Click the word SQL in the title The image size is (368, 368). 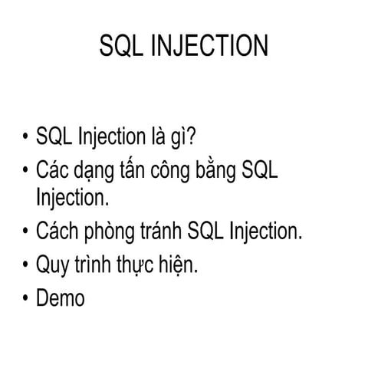click(121, 47)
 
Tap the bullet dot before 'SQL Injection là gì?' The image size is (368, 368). click(26, 139)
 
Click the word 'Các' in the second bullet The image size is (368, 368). click(55, 169)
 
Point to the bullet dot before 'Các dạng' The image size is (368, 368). click(26, 170)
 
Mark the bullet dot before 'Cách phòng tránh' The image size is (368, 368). click(26, 232)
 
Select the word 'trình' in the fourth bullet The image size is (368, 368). click(100, 264)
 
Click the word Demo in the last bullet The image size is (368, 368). click(61, 298)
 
